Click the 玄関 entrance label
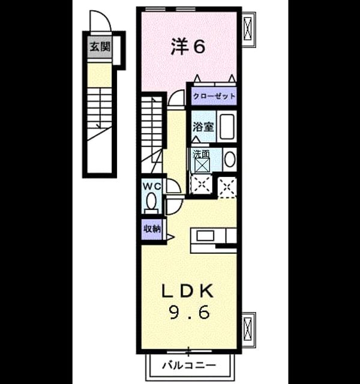pos(100,47)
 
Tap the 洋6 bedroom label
pos(188,47)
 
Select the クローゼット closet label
pos(214,96)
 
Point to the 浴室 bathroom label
pos(203,127)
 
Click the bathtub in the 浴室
pos(227,127)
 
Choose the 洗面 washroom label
pos(202,154)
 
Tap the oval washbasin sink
pos(230,160)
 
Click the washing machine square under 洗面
pos(202,165)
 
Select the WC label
pos(152,187)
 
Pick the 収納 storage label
pos(152,229)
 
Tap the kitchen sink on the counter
pos(205,236)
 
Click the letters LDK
pos(188,291)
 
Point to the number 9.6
pos(190,313)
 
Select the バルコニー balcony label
pos(189,365)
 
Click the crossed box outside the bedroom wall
pos(248,29)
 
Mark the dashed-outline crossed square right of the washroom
pos(227,187)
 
